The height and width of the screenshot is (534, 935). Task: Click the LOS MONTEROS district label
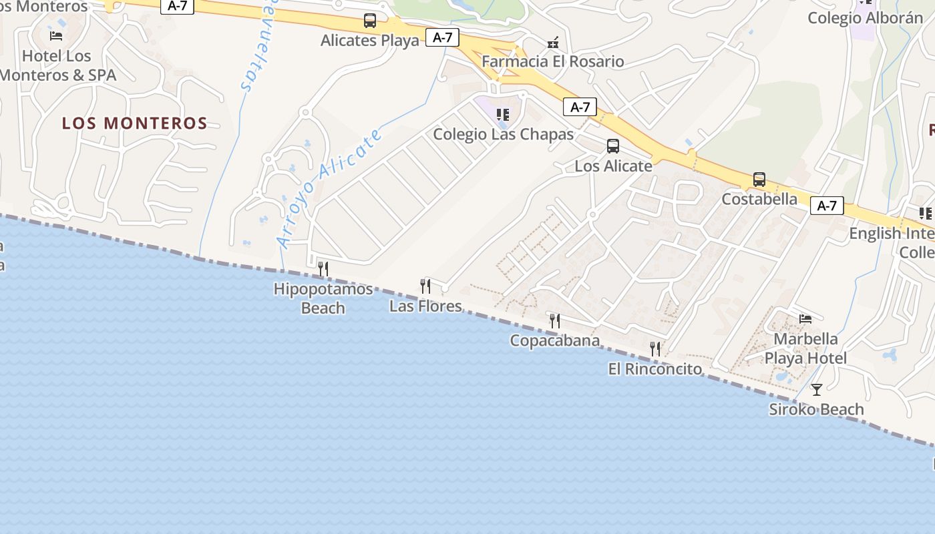pyautogui.click(x=134, y=123)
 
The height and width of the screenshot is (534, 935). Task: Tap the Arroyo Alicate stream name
pyautogui.click(x=331, y=188)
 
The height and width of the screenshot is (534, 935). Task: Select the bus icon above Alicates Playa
pyautogui.click(x=370, y=21)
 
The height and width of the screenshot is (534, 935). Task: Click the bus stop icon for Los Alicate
pyautogui.click(x=612, y=146)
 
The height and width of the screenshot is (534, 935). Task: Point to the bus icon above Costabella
pyautogui.click(x=759, y=180)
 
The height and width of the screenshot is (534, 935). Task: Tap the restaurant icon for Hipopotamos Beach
pyautogui.click(x=323, y=269)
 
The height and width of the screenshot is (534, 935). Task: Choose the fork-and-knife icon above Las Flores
pyautogui.click(x=425, y=286)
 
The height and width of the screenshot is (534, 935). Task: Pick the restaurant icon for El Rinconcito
pyautogui.click(x=655, y=349)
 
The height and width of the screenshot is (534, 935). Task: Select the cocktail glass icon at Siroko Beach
pyautogui.click(x=816, y=390)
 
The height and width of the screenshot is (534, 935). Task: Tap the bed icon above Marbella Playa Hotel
pyautogui.click(x=805, y=319)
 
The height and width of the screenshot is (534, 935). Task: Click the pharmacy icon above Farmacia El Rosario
pyautogui.click(x=553, y=43)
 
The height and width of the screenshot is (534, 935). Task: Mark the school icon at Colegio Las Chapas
pyautogui.click(x=503, y=115)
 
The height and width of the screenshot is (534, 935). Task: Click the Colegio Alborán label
pyautogui.click(x=865, y=18)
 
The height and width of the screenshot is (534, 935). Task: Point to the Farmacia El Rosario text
pyautogui.click(x=553, y=62)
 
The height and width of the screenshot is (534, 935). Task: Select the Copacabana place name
pyautogui.click(x=555, y=341)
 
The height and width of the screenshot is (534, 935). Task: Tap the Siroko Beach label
pyautogui.click(x=816, y=409)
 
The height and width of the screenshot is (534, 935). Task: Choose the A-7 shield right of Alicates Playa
pyautogui.click(x=442, y=37)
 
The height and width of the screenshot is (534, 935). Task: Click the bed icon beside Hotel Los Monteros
pyautogui.click(x=56, y=36)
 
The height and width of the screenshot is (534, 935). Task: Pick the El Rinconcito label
pyautogui.click(x=655, y=369)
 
